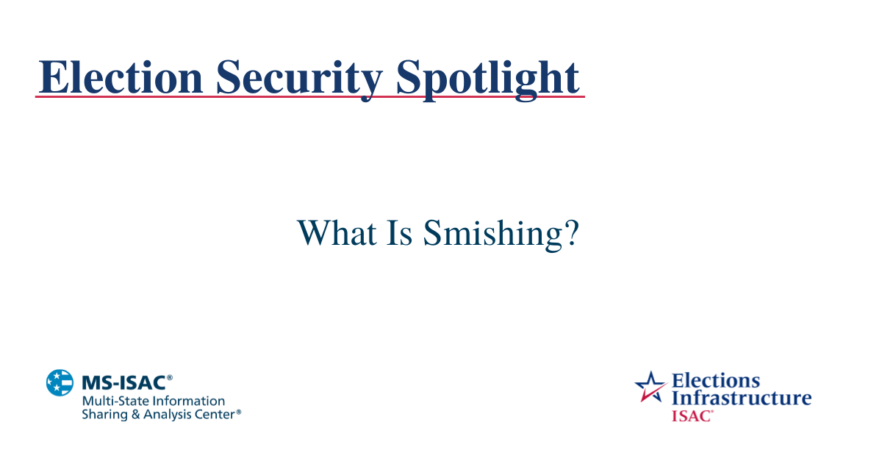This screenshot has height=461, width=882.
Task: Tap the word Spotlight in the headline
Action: [487, 76]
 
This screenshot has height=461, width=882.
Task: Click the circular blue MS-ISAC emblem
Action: [60, 382]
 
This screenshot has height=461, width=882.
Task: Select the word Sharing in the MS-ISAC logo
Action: [103, 415]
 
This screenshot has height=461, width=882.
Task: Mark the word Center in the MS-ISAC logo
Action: [215, 415]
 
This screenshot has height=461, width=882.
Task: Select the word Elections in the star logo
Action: [716, 381]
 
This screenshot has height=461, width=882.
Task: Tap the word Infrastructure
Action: [741, 398]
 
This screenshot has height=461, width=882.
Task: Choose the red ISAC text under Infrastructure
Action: [691, 415]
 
